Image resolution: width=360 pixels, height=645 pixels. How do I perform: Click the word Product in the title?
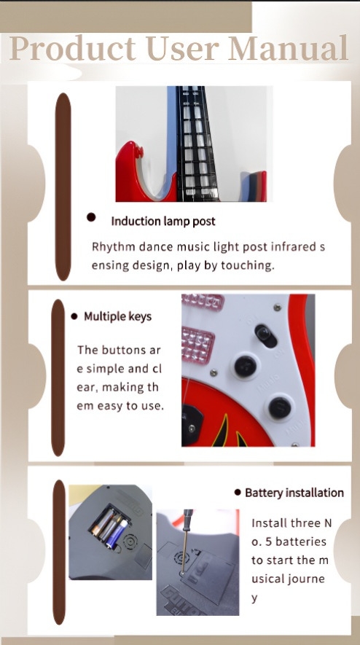tap(72, 49)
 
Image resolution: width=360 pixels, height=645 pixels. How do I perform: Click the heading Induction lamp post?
tap(163, 222)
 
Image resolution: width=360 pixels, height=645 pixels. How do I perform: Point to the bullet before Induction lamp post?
tap(91, 217)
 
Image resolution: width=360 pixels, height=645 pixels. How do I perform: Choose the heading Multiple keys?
tap(117, 316)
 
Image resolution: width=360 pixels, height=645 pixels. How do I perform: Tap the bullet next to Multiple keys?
tap(74, 316)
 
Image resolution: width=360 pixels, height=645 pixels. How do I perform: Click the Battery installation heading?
tap(294, 493)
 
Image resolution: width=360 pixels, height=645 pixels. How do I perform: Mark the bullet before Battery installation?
tap(238, 492)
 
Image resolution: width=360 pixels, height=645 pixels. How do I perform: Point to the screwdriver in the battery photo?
tap(186, 539)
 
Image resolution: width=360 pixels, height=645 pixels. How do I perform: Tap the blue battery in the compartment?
tap(117, 533)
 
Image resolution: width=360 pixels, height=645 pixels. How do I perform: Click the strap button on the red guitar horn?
tap(139, 152)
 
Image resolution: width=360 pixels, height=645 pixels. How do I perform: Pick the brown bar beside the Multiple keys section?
tap(58, 378)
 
